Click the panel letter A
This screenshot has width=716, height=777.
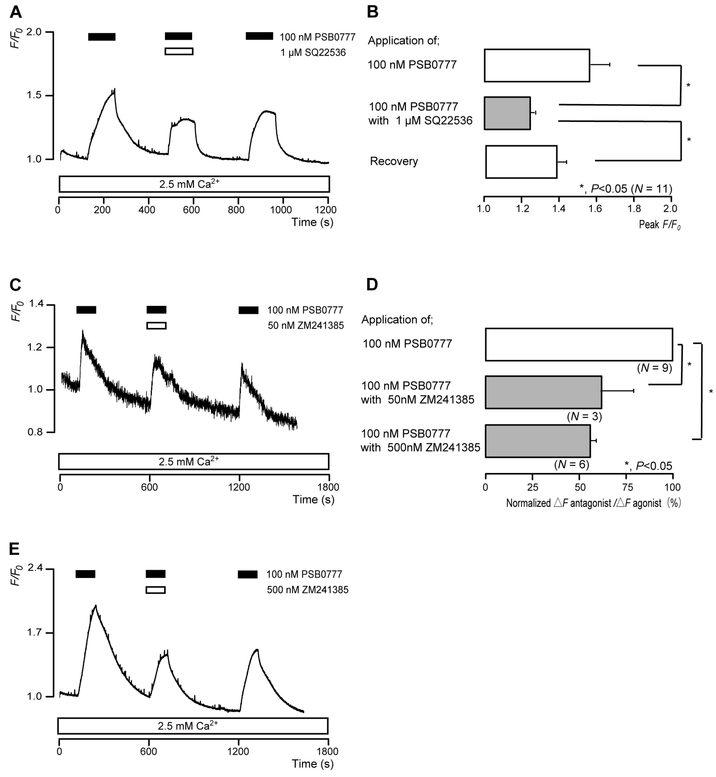click(15, 12)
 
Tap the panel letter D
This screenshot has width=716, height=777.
click(372, 285)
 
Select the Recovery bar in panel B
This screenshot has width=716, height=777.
click(521, 162)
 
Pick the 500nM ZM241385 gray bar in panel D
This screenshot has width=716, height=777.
click(538, 441)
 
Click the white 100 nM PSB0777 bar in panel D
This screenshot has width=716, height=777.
click(579, 345)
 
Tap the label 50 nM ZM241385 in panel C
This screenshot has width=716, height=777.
click(306, 326)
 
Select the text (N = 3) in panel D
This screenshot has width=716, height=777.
click(584, 417)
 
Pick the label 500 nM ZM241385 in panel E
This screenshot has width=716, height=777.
click(308, 590)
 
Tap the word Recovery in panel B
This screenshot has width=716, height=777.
click(394, 161)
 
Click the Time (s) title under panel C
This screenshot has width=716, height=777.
click(313, 499)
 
